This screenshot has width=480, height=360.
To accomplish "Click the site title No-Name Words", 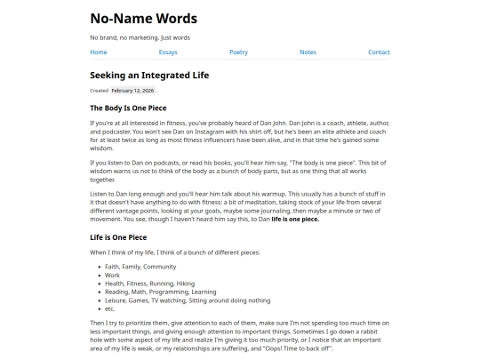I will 143,18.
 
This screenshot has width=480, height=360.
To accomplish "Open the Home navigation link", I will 99,52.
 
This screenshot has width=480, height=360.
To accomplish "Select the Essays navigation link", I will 168,52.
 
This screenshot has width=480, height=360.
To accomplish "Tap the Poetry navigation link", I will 238,52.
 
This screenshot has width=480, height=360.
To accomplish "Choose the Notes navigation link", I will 308,52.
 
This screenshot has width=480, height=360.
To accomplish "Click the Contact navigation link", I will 379,52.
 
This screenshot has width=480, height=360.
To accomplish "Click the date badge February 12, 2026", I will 132,91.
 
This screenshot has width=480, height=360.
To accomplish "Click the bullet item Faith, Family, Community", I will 140,267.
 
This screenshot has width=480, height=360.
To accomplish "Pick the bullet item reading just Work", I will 112,276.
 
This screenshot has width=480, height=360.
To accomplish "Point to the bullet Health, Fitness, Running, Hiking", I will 149,284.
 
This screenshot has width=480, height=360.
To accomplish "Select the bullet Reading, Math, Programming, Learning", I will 160,292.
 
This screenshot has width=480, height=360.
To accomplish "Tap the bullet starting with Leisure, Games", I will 187,300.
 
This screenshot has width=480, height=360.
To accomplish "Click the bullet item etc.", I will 110,308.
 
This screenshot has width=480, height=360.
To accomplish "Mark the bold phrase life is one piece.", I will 295,219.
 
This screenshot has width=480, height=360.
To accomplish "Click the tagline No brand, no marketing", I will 140,37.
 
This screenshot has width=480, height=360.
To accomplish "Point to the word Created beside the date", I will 99,91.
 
